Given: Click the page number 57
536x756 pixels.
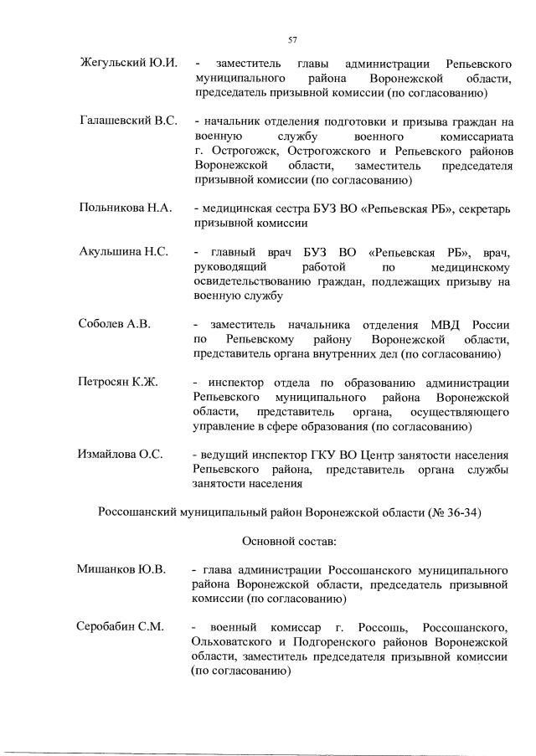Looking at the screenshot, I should click(292, 39).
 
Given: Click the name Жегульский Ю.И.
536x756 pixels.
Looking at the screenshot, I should click(127, 64).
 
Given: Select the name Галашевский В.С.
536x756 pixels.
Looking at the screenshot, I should click(128, 122).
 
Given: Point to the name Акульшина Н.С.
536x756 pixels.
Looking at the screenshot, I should click(123, 252).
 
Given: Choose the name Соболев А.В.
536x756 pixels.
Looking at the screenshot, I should click(114, 324).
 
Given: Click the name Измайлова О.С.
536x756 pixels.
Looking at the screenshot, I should click(119, 454).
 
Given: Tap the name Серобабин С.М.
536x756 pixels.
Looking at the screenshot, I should click(121, 627).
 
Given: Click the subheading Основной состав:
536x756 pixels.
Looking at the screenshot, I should click(290, 541).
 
